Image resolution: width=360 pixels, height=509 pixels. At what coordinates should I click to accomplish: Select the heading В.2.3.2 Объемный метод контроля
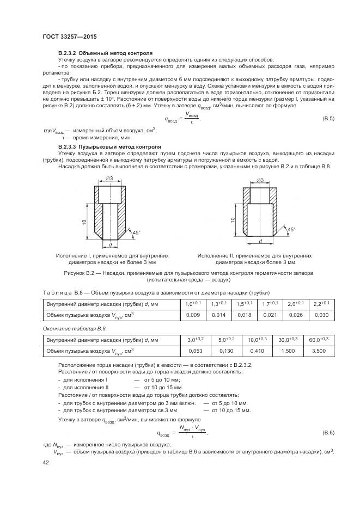click(105, 53)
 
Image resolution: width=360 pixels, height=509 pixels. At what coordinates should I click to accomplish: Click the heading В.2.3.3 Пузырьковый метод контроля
click(109, 146)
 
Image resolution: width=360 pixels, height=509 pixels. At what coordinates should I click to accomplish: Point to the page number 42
click(46, 463)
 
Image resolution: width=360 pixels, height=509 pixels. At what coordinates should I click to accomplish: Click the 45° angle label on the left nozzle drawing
click(136, 232)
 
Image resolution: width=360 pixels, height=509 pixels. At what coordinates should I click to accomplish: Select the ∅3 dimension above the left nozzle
click(109, 178)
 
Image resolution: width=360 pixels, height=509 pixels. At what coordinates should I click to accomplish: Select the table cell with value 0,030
click(321, 315)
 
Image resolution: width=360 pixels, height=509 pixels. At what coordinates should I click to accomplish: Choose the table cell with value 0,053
click(195, 351)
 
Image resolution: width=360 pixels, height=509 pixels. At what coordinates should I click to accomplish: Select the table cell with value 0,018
click(244, 315)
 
